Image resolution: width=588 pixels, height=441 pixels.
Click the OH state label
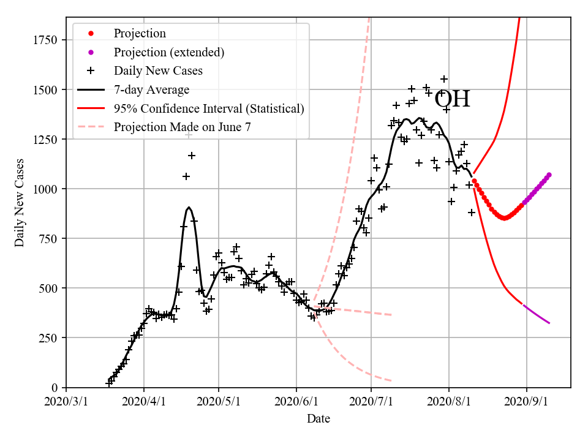pos(452,99)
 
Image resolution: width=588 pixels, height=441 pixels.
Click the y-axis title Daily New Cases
pos(20,202)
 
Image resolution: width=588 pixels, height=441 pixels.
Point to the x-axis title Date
pos(318,419)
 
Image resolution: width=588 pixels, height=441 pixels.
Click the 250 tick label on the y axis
pos(49,338)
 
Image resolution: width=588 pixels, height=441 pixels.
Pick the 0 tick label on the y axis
pos(55,388)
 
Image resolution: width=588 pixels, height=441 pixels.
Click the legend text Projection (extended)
pos(169,52)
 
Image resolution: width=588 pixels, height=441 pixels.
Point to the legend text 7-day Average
pos(151,89)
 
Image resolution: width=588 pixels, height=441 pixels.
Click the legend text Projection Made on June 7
pos(183,127)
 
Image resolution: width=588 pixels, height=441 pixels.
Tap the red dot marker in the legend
pos(91,33)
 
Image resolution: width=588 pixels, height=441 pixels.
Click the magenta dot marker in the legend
pos(91,52)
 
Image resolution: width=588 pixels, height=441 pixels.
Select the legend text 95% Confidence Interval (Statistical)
pos(209,108)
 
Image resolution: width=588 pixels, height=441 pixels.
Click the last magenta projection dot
pos(549,175)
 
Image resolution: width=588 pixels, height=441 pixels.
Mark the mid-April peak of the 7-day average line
pos(189,208)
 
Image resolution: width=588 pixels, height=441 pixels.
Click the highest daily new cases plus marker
pos(444,79)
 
